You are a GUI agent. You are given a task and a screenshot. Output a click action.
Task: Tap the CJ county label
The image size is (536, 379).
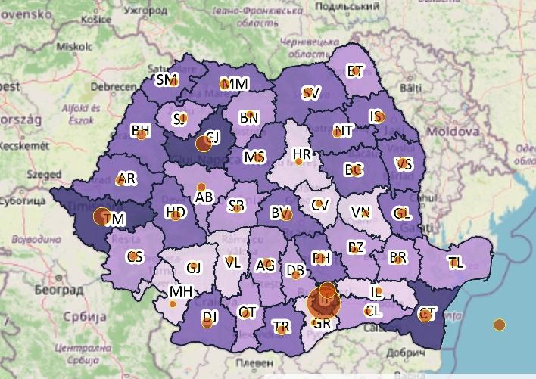coord(213,137)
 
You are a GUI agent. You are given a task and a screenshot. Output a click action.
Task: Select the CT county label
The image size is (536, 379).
coord(428,313)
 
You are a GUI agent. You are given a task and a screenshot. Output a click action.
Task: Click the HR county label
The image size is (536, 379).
coord(301,155)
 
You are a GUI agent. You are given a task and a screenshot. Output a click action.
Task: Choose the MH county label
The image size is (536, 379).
coord(180,291)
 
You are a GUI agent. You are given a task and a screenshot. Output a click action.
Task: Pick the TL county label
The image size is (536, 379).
coord(455,263)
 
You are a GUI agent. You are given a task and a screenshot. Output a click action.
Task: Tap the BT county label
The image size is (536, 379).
coord(355,71)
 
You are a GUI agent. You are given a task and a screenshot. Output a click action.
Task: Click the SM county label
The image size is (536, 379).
coord(166,79)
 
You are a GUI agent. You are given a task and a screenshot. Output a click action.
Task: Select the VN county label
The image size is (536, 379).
coord(360,213)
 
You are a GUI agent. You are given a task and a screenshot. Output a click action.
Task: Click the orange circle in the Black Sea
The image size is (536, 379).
coord(499,325)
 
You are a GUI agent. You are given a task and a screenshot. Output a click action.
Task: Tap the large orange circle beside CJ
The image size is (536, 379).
coord(203,143)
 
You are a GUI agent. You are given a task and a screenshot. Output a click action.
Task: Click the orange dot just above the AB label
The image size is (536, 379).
coord(201,186)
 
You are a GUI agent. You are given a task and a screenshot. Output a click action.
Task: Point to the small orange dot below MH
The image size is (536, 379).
coord(173,304)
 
